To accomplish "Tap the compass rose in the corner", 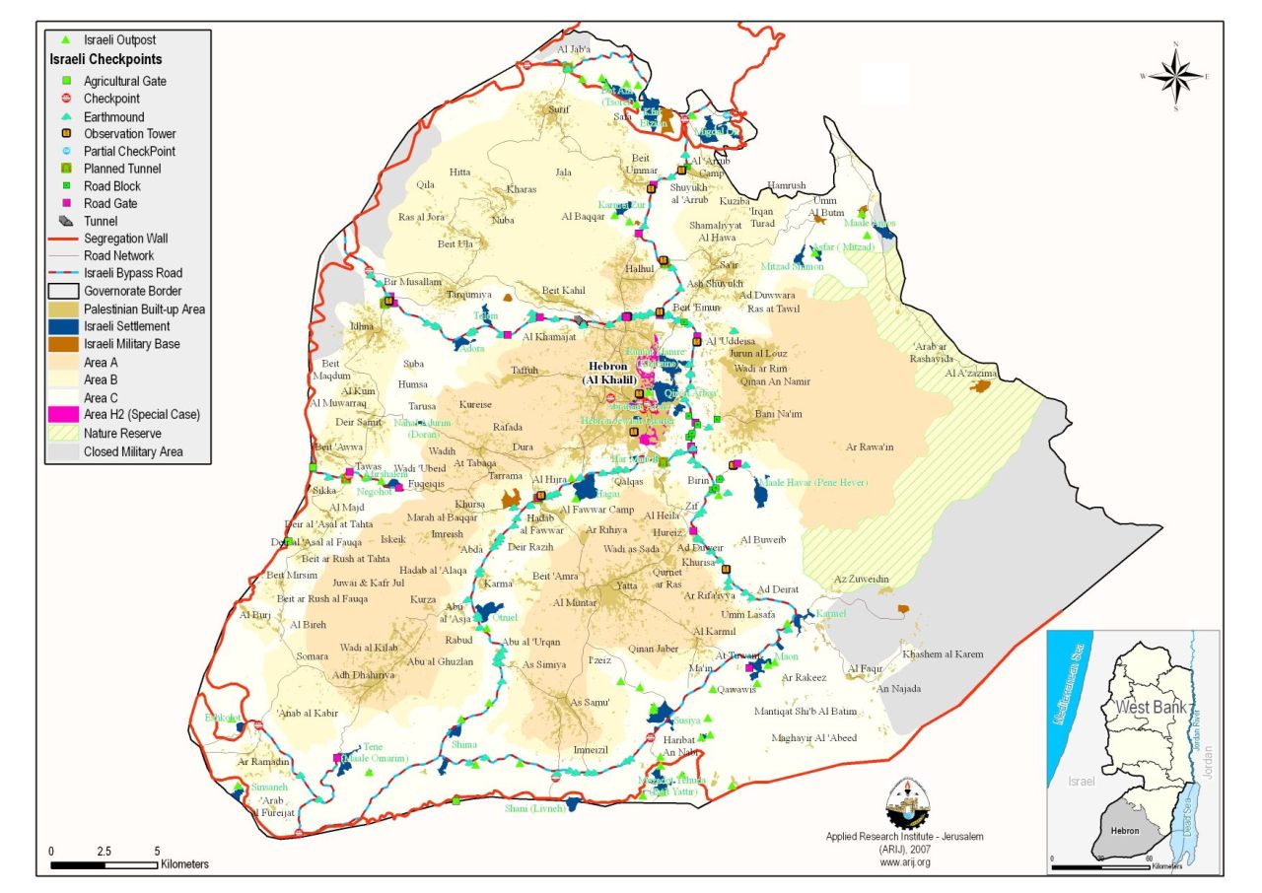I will (1175, 76).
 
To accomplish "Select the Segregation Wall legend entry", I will (125, 239).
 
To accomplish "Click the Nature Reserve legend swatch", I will (64, 434).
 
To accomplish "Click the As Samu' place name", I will (591, 702).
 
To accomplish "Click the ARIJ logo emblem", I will (905, 803).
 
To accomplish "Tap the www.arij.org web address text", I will (905, 861).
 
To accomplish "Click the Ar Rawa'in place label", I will (870, 446).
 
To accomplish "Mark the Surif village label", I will (560, 109).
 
